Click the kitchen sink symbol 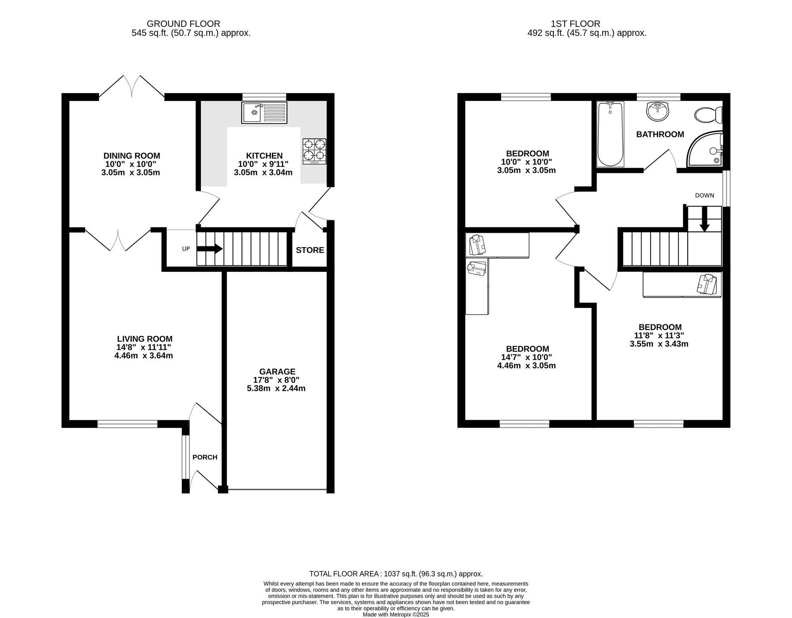click(264, 112)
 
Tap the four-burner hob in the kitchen click(314, 151)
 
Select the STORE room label click(310, 250)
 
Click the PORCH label click(205, 457)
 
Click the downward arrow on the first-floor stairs click(704, 224)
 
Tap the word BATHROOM click(660, 135)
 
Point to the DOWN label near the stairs click(704, 195)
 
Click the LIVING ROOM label click(145, 339)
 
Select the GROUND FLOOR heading click(183, 24)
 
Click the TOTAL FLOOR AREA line click(396, 574)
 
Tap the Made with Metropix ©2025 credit click(396, 615)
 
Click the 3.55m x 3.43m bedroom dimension click(659, 344)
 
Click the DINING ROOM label click(131, 156)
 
